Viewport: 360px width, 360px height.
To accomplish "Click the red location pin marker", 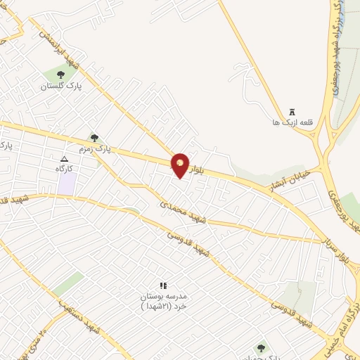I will [x=181, y=165].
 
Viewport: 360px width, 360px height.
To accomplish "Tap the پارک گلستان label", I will [x=60, y=85].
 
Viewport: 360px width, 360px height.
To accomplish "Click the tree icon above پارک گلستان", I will [x=60, y=73].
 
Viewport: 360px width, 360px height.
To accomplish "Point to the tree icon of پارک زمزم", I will [x=95, y=138].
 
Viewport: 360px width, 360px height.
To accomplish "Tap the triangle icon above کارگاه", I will [x=65, y=159].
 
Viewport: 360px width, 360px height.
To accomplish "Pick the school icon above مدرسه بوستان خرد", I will [x=164, y=285].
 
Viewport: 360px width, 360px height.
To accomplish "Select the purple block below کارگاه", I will [x=67, y=184].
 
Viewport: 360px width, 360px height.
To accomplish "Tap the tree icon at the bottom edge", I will [x=261, y=348].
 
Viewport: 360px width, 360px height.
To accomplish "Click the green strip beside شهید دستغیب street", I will [x=68, y=283].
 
